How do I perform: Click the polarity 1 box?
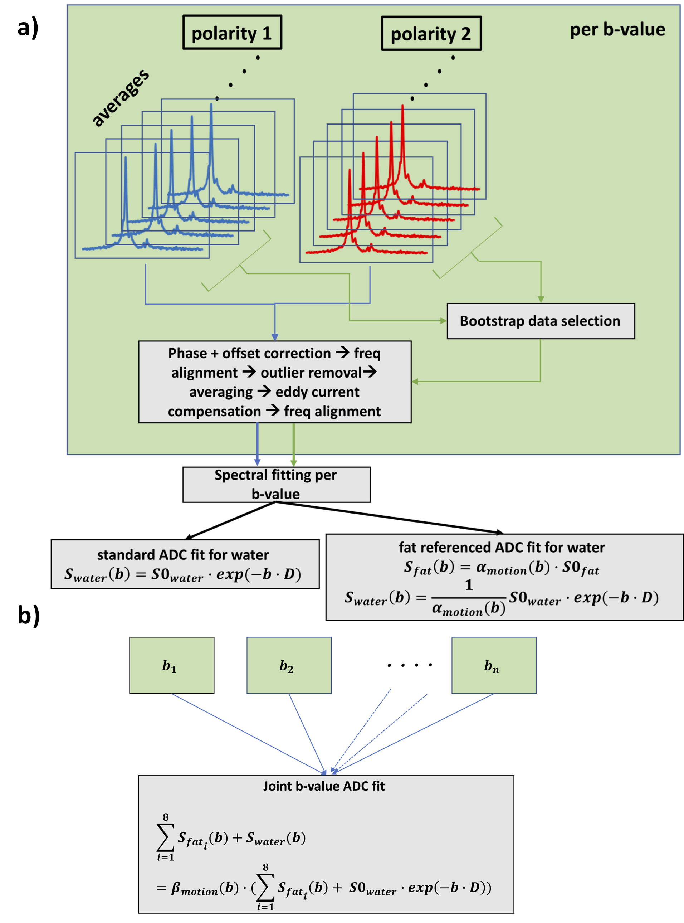[x=232, y=33]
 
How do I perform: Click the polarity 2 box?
[x=431, y=34]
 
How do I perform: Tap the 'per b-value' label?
[x=617, y=30]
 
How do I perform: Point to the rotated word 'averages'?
[x=120, y=98]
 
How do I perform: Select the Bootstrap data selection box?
[x=540, y=321]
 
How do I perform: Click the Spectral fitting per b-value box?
[x=276, y=484]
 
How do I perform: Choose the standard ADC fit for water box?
[x=185, y=564]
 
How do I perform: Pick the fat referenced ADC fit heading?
[x=502, y=547]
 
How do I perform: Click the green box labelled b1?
[x=171, y=665]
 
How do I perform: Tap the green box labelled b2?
[x=289, y=665]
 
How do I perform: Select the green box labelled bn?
[x=494, y=665]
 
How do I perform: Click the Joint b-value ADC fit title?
[x=324, y=786]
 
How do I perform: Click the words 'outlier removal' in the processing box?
[x=311, y=373]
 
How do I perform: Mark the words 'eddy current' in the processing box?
[x=317, y=392]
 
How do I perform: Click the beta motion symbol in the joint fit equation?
[x=194, y=888]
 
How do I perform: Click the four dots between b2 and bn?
[x=410, y=665]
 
